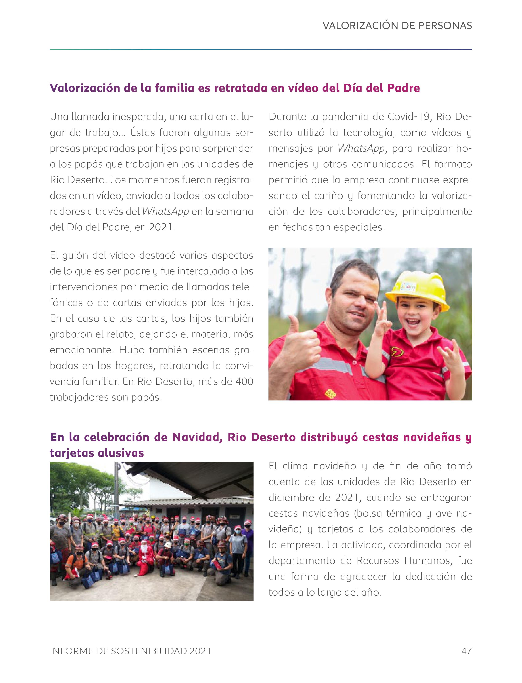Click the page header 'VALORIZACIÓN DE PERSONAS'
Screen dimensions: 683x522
[397, 25]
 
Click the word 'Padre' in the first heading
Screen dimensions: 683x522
[403, 88]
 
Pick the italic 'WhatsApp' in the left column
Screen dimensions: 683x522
[165, 211]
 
